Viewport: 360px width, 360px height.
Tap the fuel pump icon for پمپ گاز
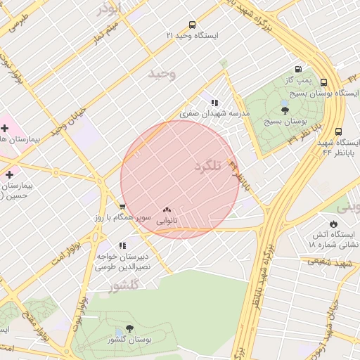[x=299, y=70]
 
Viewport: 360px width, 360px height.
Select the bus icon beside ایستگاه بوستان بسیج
[x=323, y=82]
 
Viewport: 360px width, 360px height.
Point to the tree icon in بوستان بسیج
[x=284, y=110]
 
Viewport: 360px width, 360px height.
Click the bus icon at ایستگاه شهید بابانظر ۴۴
[x=339, y=131]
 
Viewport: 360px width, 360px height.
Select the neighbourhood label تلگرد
[x=208, y=166]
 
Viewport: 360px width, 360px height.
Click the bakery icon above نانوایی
[x=167, y=210]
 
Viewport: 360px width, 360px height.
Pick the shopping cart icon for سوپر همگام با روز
[x=122, y=207]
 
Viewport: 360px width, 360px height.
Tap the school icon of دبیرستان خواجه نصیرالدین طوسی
[x=122, y=246]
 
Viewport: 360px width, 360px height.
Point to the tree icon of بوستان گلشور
[x=129, y=328]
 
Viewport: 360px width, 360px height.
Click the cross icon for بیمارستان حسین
[x=8, y=174]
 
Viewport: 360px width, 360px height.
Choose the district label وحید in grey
[x=162, y=73]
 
